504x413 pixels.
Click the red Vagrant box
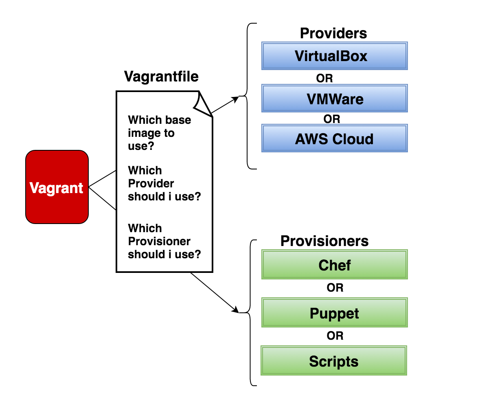pyautogui.click(x=57, y=187)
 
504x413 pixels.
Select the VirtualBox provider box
pyautogui.click(x=334, y=56)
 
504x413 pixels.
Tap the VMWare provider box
pyautogui.click(x=334, y=99)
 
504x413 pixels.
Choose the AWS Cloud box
pyautogui.click(x=334, y=139)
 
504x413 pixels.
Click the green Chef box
pyautogui.click(x=334, y=265)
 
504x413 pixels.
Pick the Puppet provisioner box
pyautogui.click(x=334, y=313)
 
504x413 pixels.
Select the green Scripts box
pyautogui.click(x=334, y=361)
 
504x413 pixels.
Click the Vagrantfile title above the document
pyautogui.click(x=161, y=77)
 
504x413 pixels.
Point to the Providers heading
pyautogui.click(x=333, y=33)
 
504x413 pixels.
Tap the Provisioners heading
pyautogui.click(x=324, y=241)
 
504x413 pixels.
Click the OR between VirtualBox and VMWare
pyautogui.click(x=324, y=78)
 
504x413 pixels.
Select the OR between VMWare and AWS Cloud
pyautogui.click(x=331, y=119)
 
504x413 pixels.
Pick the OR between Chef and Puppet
pyautogui.click(x=335, y=288)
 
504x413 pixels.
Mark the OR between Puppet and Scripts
pyautogui.click(x=335, y=336)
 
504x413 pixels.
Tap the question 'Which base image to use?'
pyautogui.click(x=159, y=133)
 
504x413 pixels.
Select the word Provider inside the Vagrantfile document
pyautogui.click(x=151, y=183)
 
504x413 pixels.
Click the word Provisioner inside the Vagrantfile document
pyautogui.click(x=159, y=241)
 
